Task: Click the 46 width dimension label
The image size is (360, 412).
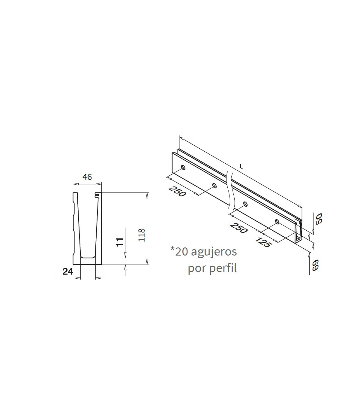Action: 87,177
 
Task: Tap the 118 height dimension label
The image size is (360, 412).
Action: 142,235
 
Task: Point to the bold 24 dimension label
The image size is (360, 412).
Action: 68,272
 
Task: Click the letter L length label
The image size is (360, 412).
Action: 241,167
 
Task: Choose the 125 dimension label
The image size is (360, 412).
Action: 263,242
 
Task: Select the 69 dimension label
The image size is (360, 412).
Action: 316,265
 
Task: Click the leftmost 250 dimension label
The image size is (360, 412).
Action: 177,191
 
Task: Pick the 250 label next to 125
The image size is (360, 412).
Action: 238,228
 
